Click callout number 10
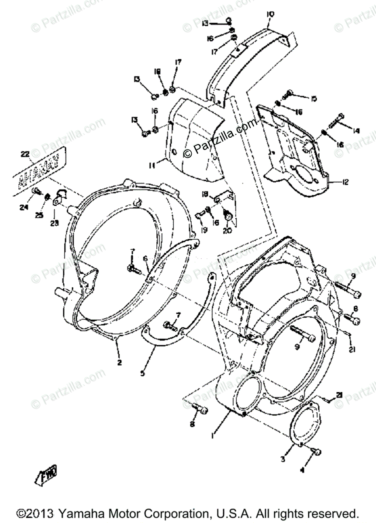(x=270, y=14)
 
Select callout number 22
(x=25, y=154)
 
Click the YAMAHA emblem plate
(x=38, y=170)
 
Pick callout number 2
(x=119, y=362)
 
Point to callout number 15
(x=313, y=99)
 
